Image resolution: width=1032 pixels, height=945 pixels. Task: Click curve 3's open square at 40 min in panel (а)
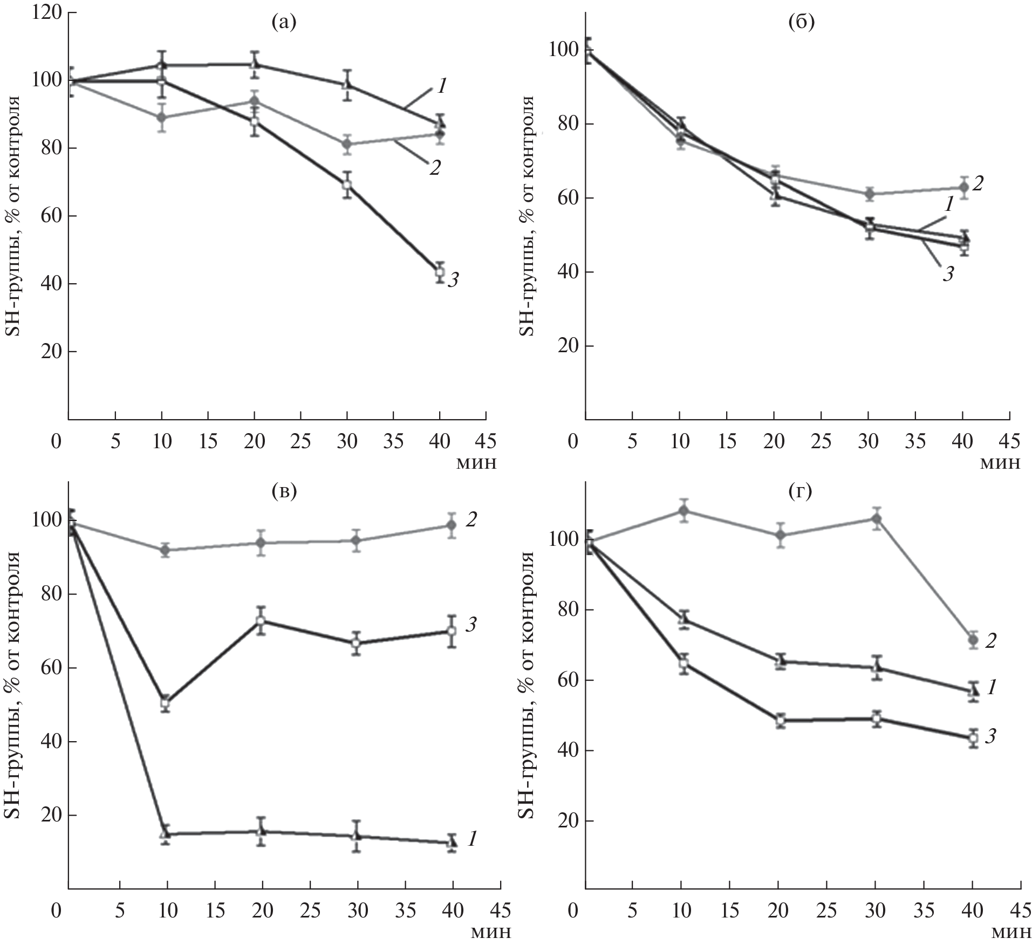pos(440,272)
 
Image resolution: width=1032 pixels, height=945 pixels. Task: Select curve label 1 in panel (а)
pos(441,87)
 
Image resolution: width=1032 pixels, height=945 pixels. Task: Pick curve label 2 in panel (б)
pos(978,184)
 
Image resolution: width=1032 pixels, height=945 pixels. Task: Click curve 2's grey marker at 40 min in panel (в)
pos(452,525)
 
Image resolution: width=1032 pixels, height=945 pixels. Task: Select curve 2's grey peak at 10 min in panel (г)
pos(684,510)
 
